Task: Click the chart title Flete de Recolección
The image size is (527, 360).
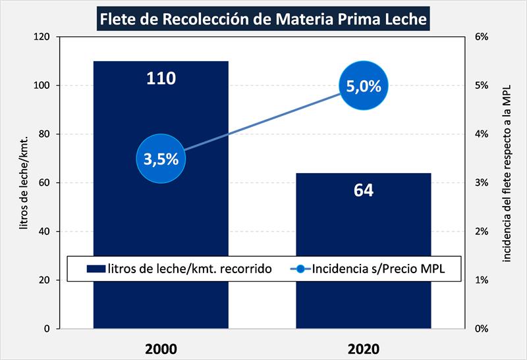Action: point(263,19)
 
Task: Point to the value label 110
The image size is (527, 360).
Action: point(161,78)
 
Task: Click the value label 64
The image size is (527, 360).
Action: point(363,190)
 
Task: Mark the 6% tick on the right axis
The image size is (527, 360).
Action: point(482,37)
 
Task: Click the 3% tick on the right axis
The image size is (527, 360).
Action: point(482,183)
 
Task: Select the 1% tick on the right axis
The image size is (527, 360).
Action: point(482,280)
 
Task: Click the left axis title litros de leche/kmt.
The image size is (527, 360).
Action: point(24,183)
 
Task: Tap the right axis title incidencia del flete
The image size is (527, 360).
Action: point(507,183)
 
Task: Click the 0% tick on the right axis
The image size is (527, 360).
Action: point(482,328)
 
